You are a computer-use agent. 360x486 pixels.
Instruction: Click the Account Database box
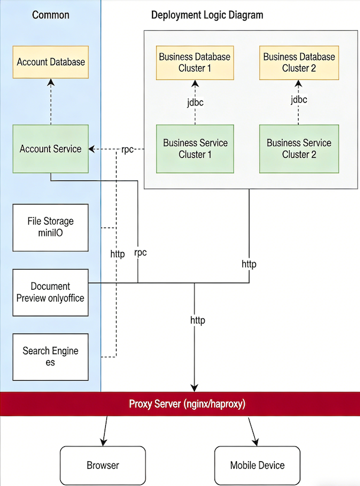(x=50, y=62)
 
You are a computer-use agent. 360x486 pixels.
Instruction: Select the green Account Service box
(x=50, y=148)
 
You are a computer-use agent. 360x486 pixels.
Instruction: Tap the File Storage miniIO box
(x=50, y=227)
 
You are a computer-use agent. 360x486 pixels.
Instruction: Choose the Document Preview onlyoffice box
(x=50, y=292)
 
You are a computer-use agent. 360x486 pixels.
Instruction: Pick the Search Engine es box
(x=50, y=357)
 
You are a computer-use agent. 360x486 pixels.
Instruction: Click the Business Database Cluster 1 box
(x=195, y=63)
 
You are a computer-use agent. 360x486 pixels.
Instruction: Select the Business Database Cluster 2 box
(x=299, y=63)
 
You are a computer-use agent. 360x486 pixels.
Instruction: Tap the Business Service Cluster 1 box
(x=195, y=148)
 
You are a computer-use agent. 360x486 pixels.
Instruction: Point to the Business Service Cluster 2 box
(x=299, y=148)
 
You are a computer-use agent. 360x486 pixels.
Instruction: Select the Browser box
(x=103, y=465)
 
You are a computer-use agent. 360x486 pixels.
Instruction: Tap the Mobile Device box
(x=257, y=465)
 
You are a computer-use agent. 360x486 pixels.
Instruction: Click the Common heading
(x=50, y=15)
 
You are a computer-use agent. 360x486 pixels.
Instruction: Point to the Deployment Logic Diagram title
(x=207, y=15)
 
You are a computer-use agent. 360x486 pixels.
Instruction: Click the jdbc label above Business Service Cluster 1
(x=195, y=102)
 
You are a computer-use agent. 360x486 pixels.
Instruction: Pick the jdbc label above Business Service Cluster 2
(x=299, y=100)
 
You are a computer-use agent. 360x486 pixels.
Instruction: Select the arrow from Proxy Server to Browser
(x=105, y=431)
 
